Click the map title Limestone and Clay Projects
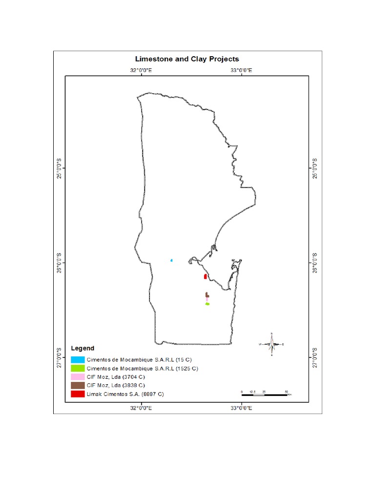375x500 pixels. [187, 59]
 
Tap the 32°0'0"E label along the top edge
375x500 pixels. [141, 70]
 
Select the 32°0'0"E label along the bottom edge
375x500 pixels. [141, 408]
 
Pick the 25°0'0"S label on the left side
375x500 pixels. [60, 168]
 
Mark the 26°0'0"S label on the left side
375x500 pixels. [60, 262]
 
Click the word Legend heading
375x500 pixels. [83, 349]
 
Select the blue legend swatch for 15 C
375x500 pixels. [78, 359]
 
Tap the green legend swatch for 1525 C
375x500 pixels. [78, 368]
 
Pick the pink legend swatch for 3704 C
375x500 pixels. [78, 377]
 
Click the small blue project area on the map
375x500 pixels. [171, 260]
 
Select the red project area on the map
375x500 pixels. [205, 276]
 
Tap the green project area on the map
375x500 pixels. [207, 304]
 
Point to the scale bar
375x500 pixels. [264, 394]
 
